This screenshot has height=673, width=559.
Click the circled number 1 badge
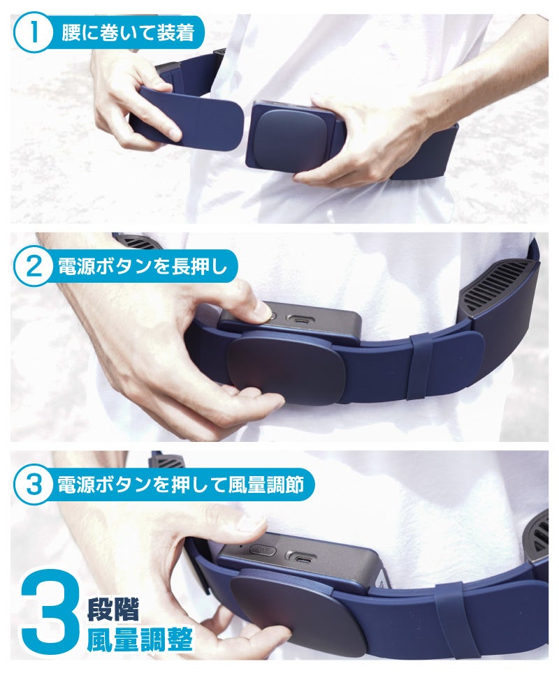pos(31,33)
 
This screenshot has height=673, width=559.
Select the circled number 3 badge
pos(31,485)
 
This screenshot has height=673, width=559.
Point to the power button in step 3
pos(263,550)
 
